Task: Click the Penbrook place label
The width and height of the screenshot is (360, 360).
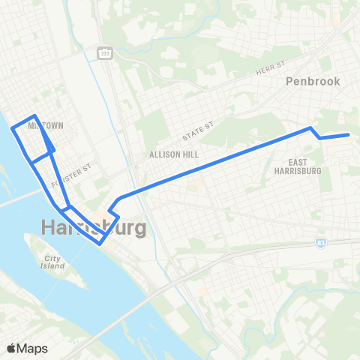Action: pyautogui.click(x=313, y=81)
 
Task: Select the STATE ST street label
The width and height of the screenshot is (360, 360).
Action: pyautogui.click(x=199, y=133)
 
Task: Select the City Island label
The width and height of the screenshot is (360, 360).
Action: pyautogui.click(x=52, y=262)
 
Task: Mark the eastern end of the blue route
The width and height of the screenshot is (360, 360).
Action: pyautogui.click(x=349, y=135)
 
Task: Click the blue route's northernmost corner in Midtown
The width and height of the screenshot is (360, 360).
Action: pyautogui.click(x=34, y=116)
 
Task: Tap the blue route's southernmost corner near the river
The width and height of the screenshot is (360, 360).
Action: pyautogui.click(x=101, y=243)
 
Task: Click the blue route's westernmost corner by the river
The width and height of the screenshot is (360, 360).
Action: pyautogui.click(x=12, y=129)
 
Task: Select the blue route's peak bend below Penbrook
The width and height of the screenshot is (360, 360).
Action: pyautogui.click(x=310, y=128)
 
